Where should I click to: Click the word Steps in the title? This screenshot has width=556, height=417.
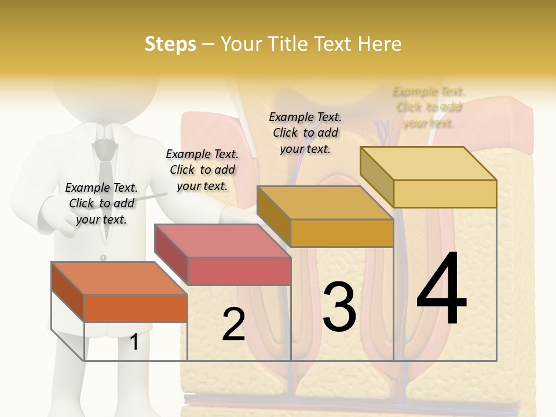tap(170, 44)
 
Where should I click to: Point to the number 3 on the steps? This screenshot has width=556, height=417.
tap(339, 307)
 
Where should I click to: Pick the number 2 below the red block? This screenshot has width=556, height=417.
tap(233, 324)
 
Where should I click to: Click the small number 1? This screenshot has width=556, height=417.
tap(134, 342)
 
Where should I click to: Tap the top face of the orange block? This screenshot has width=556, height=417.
tap(119, 278)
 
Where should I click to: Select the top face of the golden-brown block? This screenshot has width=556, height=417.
tap(324, 203)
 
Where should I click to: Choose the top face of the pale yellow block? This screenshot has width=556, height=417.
tap(428, 163)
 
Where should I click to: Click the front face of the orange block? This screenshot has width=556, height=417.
tap(136, 308)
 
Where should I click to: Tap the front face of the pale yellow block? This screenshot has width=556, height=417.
tap(445, 193)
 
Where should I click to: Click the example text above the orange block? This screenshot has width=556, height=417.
tap(101, 203)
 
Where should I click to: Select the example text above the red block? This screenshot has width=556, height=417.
tap(202, 170)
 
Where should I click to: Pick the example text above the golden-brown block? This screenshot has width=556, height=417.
tap(305, 133)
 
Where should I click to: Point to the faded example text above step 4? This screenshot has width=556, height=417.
tap(429, 107)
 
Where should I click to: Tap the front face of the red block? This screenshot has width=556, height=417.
tap(239, 271)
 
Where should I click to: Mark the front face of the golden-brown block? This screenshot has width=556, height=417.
tap(342, 233)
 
